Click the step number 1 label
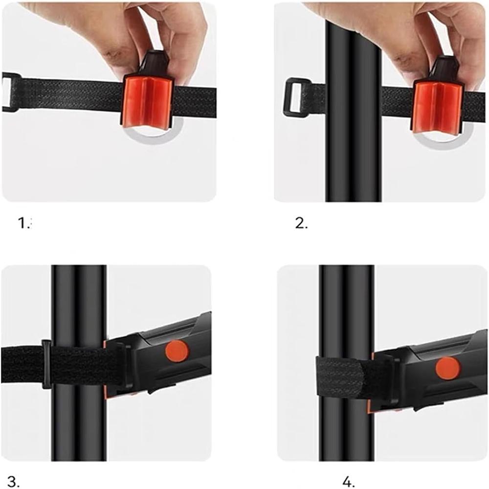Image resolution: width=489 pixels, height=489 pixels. point(23,223)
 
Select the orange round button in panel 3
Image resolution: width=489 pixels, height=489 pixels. point(177,351)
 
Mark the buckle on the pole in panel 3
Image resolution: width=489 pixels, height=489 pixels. point(46,364)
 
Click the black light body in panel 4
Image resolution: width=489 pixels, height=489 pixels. point(430,391)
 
